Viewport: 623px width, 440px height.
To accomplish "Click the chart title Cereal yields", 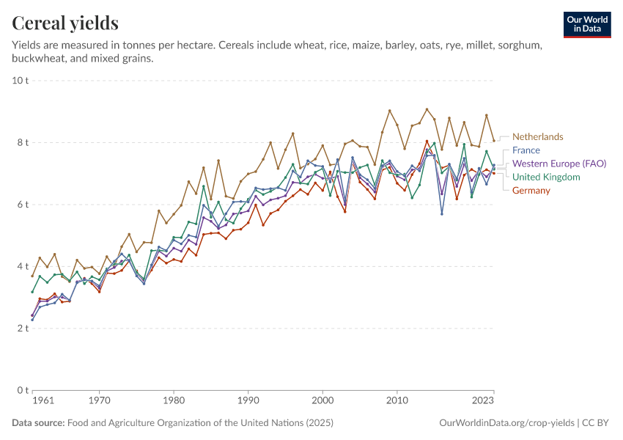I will pyautogui.click(x=65, y=23).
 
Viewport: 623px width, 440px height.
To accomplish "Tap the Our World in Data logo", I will pyautogui.click(x=587, y=24).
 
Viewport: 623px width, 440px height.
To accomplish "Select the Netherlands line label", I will pyautogui.click(x=537, y=136).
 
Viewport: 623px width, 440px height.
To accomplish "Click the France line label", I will pyautogui.click(x=526, y=150).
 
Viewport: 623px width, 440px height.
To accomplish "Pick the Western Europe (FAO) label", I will pyautogui.click(x=559, y=164).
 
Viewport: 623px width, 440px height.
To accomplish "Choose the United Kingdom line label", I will pyautogui.click(x=546, y=177).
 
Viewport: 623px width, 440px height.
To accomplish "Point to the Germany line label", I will pyautogui.click(x=531, y=191).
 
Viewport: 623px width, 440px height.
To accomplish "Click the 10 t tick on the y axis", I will pyautogui.click(x=20, y=80).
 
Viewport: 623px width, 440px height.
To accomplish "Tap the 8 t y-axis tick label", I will pyautogui.click(x=22, y=142).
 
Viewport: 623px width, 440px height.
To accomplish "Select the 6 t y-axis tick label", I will pyautogui.click(x=22, y=205).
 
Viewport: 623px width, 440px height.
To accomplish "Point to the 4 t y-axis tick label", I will pyautogui.click(x=22, y=266).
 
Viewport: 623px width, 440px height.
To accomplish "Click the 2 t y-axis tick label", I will pyautogui.click(x=22, y=329).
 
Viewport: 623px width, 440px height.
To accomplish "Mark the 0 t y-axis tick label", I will pyautogui.click(x=22, y=390).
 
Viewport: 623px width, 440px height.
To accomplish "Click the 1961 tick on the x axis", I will pyautogui.click(x=43, y=401).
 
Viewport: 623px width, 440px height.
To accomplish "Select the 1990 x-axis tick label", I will pyautogui.click(x=248, y=401).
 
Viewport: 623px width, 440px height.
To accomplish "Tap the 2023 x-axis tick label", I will pyautogui.click(x=483, y=401).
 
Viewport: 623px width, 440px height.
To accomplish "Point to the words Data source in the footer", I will pyautogui.click(x=37, y=423).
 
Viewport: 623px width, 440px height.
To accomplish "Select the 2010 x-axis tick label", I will pyautogui.click(x=397, y=401).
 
